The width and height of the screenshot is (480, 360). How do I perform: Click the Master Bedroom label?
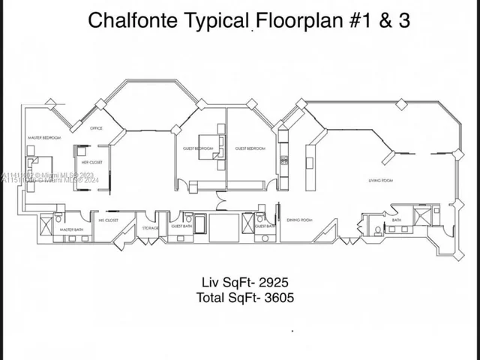point(44,138)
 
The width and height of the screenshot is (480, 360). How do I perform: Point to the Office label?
point(96,128)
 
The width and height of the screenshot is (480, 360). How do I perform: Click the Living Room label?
point(381,179)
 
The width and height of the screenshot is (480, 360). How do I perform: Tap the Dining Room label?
point(299,220)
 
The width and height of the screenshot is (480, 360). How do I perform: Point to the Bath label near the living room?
point(397,220)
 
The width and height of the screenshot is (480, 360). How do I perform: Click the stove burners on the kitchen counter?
point(283,158)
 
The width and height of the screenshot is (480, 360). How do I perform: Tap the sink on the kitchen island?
point(311,157)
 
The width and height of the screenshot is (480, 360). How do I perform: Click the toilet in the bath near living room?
point(379,229)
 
